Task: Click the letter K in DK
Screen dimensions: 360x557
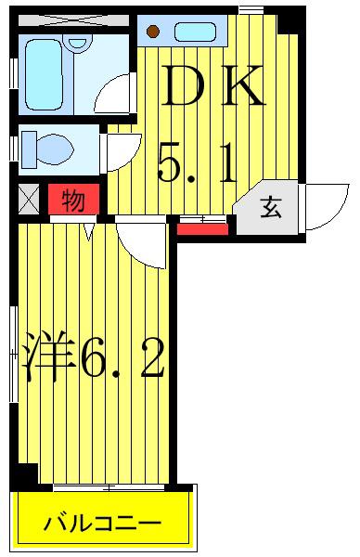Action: tap(243, 85)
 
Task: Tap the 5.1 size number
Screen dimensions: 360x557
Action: tap(198, 163)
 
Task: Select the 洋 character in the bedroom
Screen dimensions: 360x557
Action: tap(47, 356)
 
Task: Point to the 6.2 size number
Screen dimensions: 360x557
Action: tap(122, 357)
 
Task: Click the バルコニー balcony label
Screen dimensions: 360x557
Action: tap(102, 523)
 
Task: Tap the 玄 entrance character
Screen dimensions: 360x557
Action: tap(271, 207)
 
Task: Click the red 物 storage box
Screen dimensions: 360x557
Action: tap(74, 199)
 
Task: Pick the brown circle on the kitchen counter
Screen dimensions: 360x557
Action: tap(153, 32)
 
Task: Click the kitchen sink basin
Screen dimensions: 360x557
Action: tap(195, 32)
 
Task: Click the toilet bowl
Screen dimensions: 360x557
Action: tap(55, 149)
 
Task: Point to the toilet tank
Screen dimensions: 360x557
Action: tap(29, 149)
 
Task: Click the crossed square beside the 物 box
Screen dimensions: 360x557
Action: tap(29, 199)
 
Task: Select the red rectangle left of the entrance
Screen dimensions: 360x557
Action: tap(202, 229)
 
